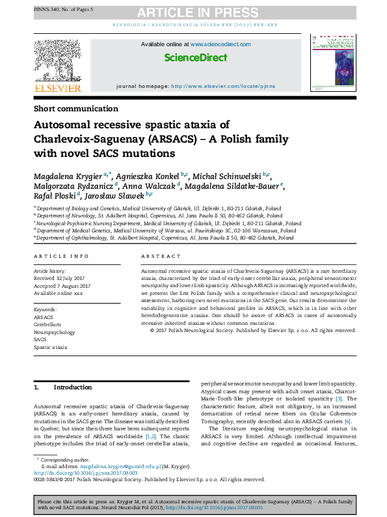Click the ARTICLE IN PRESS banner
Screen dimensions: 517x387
point(207,11)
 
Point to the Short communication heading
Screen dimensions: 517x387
point(76,109)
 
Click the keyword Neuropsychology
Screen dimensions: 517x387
point(55,332)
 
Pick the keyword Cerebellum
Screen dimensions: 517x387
point(47,324)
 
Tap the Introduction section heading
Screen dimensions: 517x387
point(72,387)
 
